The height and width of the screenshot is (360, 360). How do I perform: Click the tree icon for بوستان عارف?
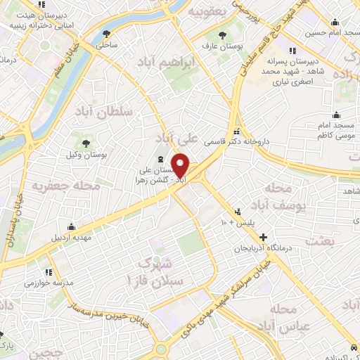223,34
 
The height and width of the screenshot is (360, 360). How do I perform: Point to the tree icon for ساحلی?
107,32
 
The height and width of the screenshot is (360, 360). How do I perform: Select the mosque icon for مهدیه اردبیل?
71,226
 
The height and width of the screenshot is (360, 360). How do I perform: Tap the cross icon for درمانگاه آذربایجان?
264,238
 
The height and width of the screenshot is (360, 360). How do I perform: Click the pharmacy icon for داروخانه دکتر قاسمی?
238,131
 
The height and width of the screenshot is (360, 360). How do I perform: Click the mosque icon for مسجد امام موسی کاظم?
337,115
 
